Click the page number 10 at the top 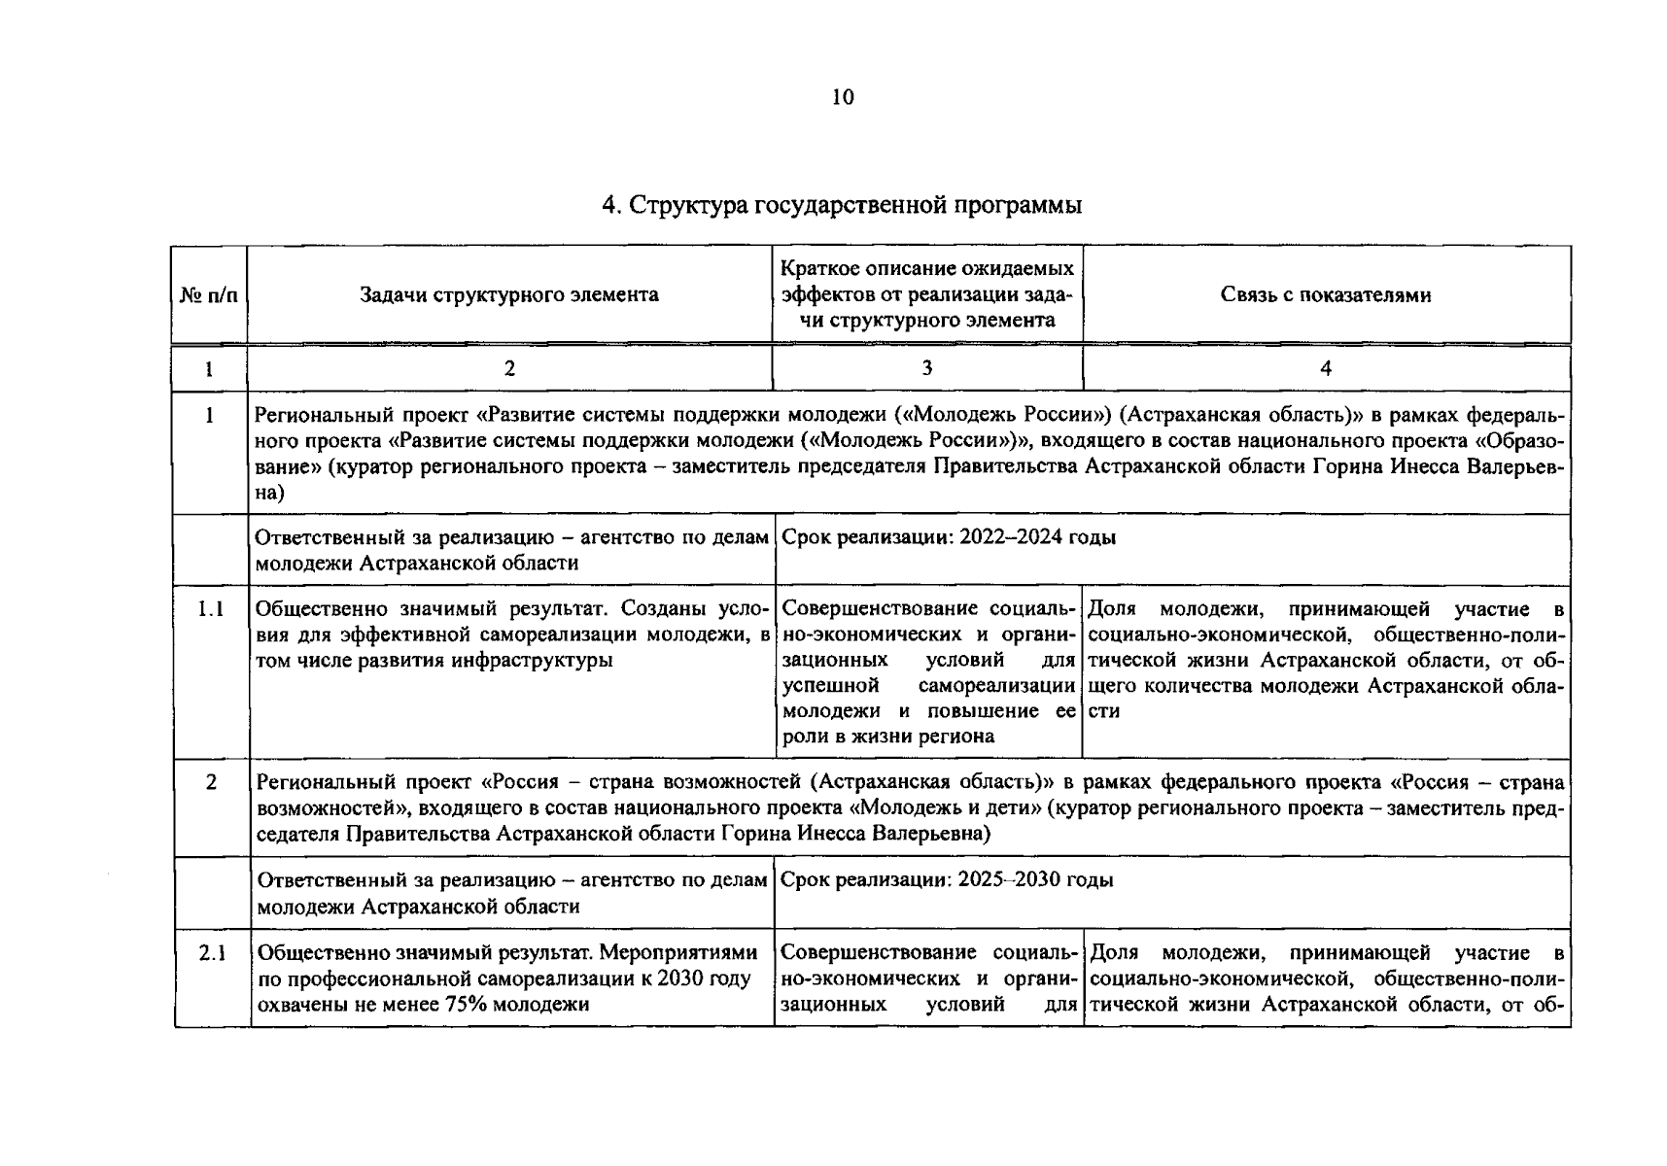tap(842, 97)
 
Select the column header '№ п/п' tap(209, 295)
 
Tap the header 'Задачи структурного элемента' tap(508, 294)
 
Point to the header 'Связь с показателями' tap(1325, 294)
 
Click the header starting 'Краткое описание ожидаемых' tap(927, 293)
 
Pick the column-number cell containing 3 tap(926, 367)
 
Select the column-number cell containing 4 tap(1325, 367)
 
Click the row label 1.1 tap(210, 609)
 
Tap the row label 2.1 tap(212, 953)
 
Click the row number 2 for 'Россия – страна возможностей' tap(211, 782)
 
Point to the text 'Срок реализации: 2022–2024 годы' tap(948, 537)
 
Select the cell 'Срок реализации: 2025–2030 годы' tap(946, 880)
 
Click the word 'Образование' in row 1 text tap(1516, 440)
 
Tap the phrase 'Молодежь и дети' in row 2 tap(950, 808)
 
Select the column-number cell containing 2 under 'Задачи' tap(508, 367)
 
